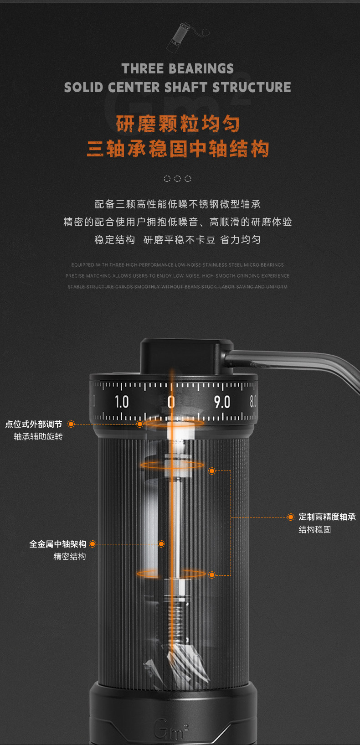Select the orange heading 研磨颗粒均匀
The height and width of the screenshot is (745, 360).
tap(178, 124)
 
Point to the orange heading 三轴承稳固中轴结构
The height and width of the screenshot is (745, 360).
tap(178, 149)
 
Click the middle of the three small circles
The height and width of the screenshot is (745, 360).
tap(177, 179)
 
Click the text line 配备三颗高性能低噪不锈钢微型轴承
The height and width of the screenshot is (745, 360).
tap(178, 204)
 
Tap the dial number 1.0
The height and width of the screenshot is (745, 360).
tap(121, 402)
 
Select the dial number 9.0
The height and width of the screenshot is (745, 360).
tap(222, 402)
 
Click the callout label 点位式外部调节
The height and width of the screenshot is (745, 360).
tap(34, 424)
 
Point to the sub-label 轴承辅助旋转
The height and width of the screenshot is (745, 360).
tap(38, 437)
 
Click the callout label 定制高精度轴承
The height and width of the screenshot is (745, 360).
tap(327, 517)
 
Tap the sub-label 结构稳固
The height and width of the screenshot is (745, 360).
tap(315, 530)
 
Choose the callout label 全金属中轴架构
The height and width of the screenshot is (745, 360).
tap(58, 544)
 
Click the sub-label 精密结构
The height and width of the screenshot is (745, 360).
tap(70, 557)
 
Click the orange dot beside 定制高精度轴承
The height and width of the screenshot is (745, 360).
tap(291, 517)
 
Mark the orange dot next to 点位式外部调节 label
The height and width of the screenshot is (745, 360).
tap(71, 424)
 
